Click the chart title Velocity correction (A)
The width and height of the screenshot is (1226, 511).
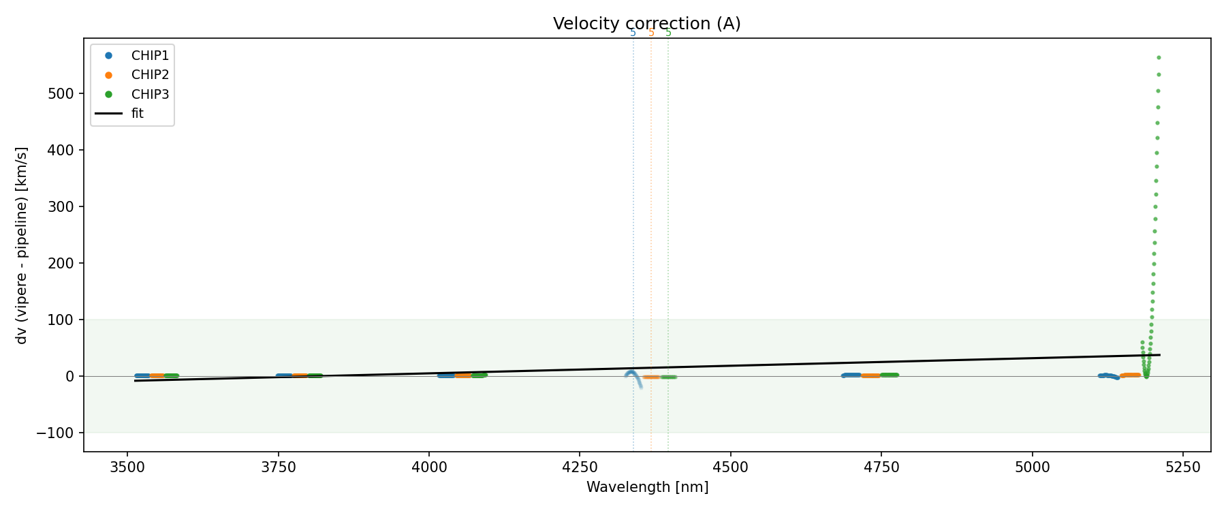[x=646, y=24]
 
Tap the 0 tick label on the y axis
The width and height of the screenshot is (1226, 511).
[x=70, y=376]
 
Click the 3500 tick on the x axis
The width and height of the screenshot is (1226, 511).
[x=127, y=467]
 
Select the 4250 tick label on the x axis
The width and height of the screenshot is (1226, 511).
[x=579, y=467]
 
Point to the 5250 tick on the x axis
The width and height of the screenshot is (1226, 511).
[x=1182, y=467]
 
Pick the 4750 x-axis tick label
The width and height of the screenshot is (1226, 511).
[x=881, y=467]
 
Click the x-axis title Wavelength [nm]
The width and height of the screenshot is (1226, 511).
[x=647, y=487]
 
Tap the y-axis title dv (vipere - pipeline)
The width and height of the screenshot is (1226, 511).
[x=22, y=245]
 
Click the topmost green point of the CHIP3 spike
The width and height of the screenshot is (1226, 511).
[x=1159, y=58]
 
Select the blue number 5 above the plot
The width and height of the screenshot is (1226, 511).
[x=633, y=33]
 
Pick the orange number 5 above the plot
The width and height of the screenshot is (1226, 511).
[x=651, y=33]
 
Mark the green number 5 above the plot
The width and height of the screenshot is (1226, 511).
[x=668, y=33]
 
